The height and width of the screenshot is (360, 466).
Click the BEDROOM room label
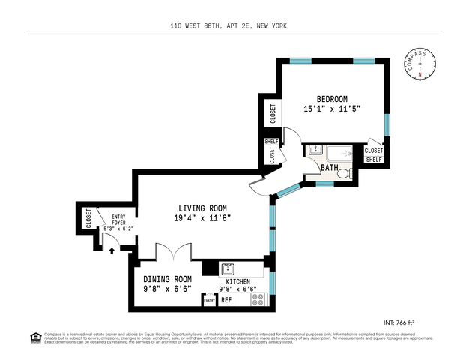[332, 99]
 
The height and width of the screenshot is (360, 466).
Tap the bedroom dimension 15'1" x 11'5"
[332, 109]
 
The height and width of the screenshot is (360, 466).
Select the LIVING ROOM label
[202, 208]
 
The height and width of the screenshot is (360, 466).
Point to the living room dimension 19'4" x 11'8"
[202, 219]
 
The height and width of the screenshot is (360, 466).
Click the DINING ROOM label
[168, 277]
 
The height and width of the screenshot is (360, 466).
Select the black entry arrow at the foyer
[112, 250]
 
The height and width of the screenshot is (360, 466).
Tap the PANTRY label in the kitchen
[210, 300]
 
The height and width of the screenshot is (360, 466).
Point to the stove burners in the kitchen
[258, 298]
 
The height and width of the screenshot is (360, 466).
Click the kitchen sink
[229, 268]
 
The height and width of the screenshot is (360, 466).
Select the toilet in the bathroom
[342, 173]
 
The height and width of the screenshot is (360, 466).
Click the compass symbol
[420, 64]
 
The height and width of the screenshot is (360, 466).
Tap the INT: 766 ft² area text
[419, 322]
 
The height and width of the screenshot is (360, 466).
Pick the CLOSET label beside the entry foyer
[88, 219]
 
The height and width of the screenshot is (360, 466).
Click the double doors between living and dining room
[170, 252]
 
